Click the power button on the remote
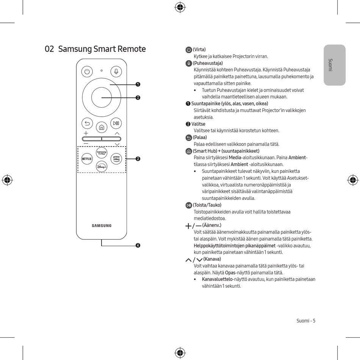click(87, 71)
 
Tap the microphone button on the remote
click(116, 71)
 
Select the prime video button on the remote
click(116, 159)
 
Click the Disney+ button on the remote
click(102, 167)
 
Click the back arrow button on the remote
click(87, 123)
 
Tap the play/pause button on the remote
click(116, 123)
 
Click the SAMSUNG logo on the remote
click(102, 226)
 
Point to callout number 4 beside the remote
click(138, 246)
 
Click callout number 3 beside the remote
click(138, 158)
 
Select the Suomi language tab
click(335, 65)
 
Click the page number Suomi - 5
click(306, 321)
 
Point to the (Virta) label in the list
click(199, 50)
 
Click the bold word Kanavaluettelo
click(217, 279)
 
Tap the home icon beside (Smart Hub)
click(189, 151)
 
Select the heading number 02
click(50, 49)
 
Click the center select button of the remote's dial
click(102, 97)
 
